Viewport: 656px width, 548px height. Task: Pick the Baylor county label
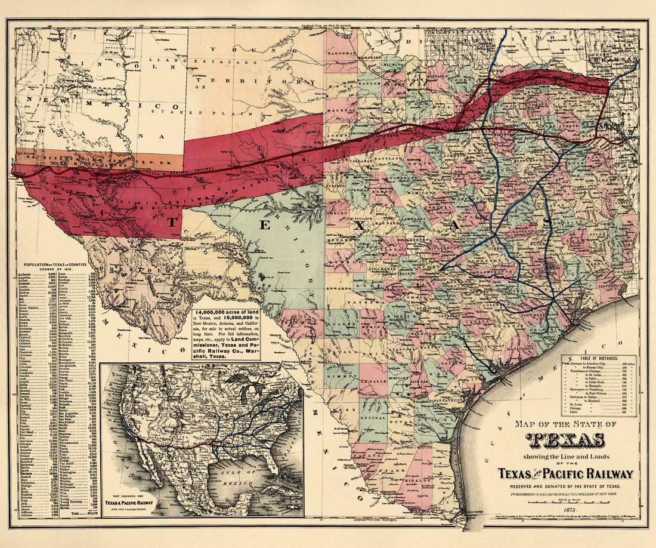(x=368, y=85)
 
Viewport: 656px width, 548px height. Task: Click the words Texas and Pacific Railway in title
(x=565, y=473)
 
